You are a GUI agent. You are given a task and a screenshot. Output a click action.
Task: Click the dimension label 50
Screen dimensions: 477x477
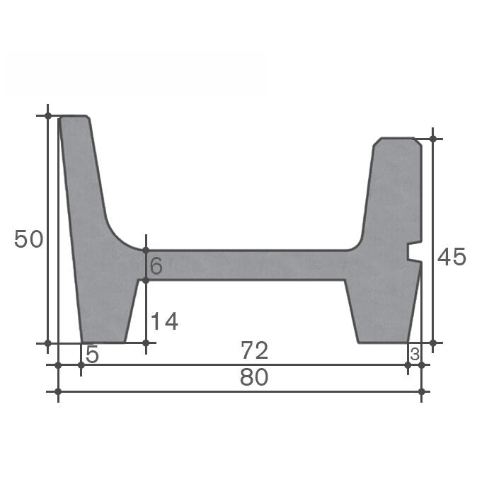pos(29,239)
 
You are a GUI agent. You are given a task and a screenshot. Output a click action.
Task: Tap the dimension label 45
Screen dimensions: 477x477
pos(452,257)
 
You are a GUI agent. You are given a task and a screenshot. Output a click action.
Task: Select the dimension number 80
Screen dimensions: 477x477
pos(254,378)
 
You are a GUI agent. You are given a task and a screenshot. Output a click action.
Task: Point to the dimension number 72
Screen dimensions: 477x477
pos(254,350)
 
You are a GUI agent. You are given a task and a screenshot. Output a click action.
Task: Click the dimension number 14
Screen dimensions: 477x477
pos(163,322)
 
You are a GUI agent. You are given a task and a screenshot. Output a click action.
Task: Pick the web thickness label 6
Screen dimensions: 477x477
pos(156,266)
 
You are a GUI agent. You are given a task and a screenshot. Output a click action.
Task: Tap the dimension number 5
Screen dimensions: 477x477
pos(92,354)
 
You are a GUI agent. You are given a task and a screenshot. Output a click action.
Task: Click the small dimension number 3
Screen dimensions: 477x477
pos(415,353)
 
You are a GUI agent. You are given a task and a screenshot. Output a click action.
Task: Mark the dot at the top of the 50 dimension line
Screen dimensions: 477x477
pos(48,115)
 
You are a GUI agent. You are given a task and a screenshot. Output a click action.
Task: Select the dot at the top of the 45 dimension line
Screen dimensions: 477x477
pos(433,139)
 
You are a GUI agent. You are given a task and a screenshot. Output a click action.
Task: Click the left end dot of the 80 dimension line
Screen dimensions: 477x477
pos(58,391)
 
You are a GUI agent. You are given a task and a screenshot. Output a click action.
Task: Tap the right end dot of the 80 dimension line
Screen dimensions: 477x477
pos(422,391)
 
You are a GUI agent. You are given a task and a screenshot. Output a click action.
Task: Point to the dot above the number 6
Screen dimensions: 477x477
pos(146,251)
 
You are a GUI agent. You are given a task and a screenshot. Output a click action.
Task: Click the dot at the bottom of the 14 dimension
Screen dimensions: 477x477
pos(146,343)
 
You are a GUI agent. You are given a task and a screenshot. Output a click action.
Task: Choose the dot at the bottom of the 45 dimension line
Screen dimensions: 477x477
pos(433,343)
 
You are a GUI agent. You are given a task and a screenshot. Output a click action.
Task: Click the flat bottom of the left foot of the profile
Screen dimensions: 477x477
pos(103,343)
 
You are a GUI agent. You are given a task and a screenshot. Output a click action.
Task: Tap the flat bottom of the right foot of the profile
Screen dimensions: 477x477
pos(383,343)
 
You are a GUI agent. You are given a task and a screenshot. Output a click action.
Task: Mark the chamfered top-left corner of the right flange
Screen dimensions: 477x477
pos(377,143)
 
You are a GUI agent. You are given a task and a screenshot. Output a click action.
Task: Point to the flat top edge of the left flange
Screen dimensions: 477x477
pos(74,116)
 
